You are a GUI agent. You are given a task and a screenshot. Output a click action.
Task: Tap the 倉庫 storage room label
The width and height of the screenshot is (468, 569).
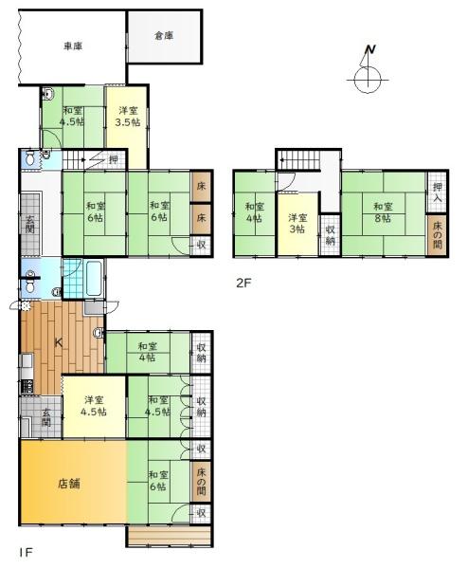[164, 36]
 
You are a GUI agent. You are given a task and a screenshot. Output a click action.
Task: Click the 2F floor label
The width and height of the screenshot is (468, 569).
[244, 282]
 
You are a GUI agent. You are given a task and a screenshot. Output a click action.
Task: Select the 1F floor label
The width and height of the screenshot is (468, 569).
[24, 550]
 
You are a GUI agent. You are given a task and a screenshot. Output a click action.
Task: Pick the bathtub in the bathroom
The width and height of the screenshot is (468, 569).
[95, 279]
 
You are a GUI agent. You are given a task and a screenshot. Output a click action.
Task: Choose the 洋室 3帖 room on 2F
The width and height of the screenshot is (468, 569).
[297, 224]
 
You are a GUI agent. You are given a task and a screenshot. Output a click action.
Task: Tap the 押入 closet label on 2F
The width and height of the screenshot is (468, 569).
[437, 194]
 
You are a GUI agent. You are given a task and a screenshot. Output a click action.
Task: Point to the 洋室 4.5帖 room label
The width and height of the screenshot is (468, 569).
[93, 405]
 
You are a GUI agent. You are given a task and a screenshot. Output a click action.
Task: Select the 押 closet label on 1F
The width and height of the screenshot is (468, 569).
[113, 160]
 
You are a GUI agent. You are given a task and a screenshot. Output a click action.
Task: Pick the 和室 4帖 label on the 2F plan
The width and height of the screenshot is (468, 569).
[254, 213]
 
